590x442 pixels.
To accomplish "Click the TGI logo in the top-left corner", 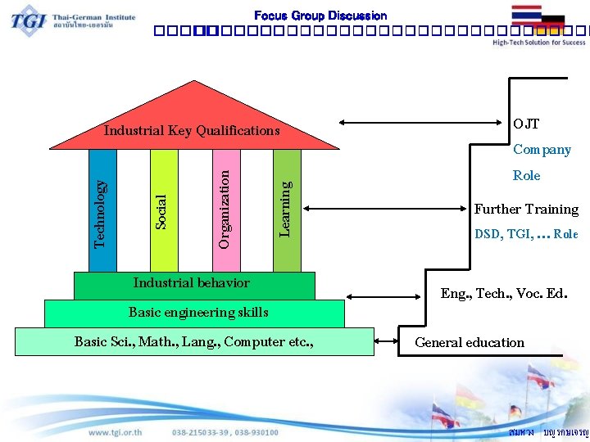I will (x=29, y=20).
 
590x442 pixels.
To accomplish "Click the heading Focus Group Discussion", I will (x=320, y=16).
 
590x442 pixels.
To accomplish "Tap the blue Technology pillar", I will (x=102, y=210).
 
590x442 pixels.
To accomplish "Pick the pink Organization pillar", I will (x=225, y=210).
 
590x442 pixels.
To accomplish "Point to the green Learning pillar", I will (x=286, y=210).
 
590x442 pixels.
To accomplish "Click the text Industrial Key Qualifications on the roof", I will (x=192, y=131).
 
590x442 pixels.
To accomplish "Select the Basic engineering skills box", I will (x=195, y=313).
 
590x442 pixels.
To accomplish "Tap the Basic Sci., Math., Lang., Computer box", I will (x=194, y=341).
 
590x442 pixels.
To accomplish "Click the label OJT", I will (x=526, y=124).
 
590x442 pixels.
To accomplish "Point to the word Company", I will (x=542, y=150).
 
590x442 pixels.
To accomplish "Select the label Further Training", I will (x=526, y=210).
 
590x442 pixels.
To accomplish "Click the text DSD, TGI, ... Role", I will (x=526, y=234).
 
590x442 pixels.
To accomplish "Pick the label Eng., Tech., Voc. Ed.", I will (x=503, y=293).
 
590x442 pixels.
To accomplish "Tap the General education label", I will (x=470, y=343).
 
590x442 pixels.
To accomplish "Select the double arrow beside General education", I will (x=386, y=341).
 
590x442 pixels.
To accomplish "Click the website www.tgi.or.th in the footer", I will (x=115, y=432).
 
